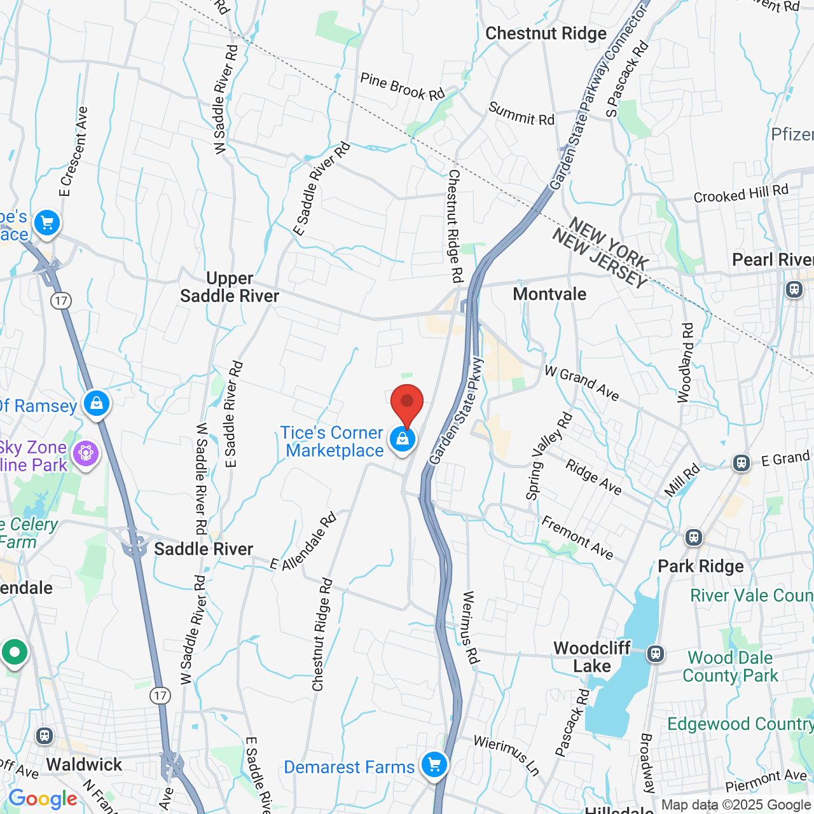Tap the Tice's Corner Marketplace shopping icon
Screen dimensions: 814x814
pos(403,439)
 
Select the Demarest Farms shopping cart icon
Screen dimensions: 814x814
pos(434,764)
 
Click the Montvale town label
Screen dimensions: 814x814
pos(549,294)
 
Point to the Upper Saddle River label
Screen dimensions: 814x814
pos(230,287)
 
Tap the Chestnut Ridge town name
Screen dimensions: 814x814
pos(546,33)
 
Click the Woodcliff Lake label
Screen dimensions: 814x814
pos(592,657)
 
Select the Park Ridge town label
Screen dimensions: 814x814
pos(701,566)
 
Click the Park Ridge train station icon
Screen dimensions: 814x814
pos(693,537)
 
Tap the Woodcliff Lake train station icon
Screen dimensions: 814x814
pos(656,653)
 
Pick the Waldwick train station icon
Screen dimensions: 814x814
pos(44,736)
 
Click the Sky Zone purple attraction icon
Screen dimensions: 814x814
pos(86,453)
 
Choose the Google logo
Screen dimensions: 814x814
pos(43,799)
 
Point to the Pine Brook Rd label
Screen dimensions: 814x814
pos(403,87)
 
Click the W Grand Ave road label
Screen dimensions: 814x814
pos(582,383)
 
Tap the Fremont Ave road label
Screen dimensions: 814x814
pos(577,538)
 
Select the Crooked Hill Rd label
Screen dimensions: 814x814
pos(741,193)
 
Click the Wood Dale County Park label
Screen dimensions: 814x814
pos(730,666)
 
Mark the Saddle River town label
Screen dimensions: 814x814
pos(203,549)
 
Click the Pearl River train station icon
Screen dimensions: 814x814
pos(794,289)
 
